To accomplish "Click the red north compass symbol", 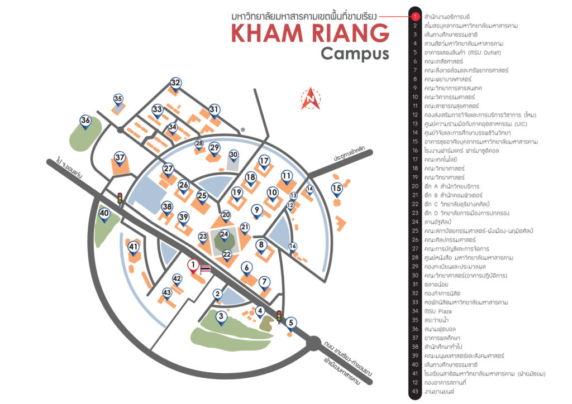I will [x=309, y=98].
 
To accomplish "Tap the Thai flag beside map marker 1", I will [x=204, y=270].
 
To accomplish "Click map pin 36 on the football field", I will [x=85, y=121].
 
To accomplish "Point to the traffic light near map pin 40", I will [x=120, y=199].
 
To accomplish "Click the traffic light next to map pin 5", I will [x=279, y=316].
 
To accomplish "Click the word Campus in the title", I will [x=355, y=54].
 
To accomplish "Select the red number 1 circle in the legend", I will [x=415, y=17].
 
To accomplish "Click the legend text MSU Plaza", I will [x=438, y=311].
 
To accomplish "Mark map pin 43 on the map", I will [x=166, y=293].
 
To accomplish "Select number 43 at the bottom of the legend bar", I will [x=415, y=392].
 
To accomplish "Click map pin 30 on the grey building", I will [x=234, y=155].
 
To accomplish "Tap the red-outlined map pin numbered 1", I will [x=192, y=266].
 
